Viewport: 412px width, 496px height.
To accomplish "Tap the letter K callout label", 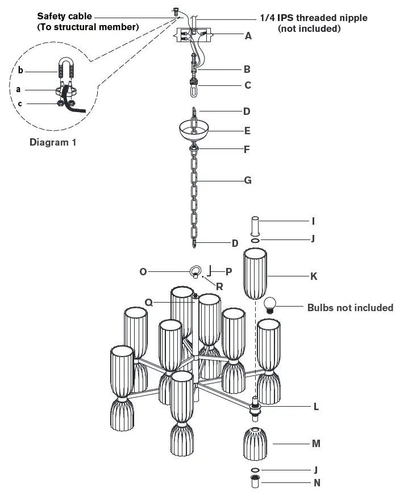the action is coord(314,276).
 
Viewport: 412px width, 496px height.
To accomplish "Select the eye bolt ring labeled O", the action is coord(195,271).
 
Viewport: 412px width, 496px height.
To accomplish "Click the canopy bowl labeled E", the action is coord(194,131).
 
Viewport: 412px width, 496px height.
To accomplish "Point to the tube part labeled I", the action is coord(255,226).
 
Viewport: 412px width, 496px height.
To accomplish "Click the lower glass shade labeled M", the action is coord(255,444).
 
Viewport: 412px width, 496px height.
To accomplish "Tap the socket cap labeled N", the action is coord(255,481).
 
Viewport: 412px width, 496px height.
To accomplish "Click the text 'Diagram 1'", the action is coord(53,142).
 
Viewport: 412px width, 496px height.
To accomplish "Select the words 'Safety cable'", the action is coord(64,16).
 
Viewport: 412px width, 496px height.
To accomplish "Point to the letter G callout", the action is coord(248,180).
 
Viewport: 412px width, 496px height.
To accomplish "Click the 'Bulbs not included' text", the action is coord(351,308).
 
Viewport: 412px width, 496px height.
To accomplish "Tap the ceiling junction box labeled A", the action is coord(194,35).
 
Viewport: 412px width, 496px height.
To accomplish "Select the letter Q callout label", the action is coord(148,303).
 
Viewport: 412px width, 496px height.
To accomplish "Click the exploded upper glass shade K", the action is coord(255,274).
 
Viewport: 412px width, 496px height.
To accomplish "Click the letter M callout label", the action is coord(316,444).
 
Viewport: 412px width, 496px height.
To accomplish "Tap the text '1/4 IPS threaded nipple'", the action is coord(314,18).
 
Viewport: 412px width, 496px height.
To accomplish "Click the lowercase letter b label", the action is coord(20,70).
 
